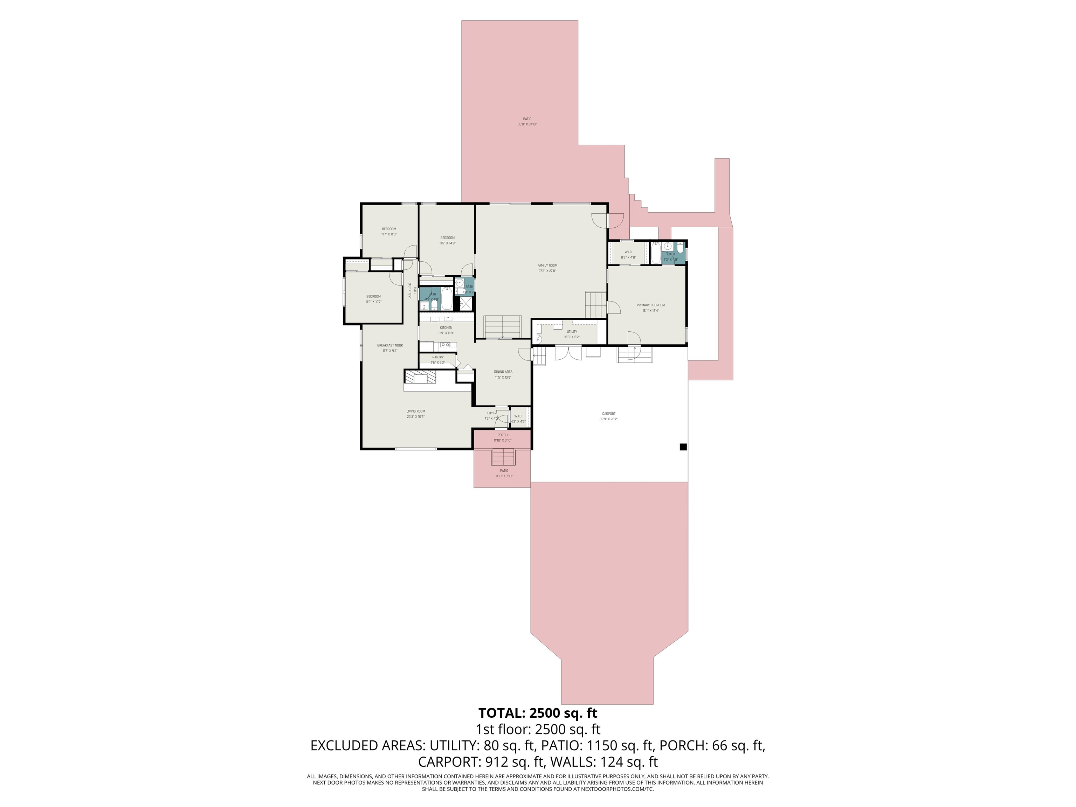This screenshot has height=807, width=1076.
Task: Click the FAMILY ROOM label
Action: [547, 265]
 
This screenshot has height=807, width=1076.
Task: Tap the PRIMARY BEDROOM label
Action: [650, 305]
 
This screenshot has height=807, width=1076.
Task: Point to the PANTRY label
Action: [437, 357]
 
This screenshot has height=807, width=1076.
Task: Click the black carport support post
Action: [683, 447]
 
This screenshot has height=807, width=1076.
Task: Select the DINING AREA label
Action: [503, 372]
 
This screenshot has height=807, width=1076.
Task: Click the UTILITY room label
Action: [572, 332]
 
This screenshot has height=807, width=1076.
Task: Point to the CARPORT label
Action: [608, 413]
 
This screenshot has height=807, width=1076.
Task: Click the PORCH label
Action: [503, 435]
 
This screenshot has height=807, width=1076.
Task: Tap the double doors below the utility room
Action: [568, 353]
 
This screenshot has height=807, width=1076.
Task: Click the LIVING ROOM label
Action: [415, 411]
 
